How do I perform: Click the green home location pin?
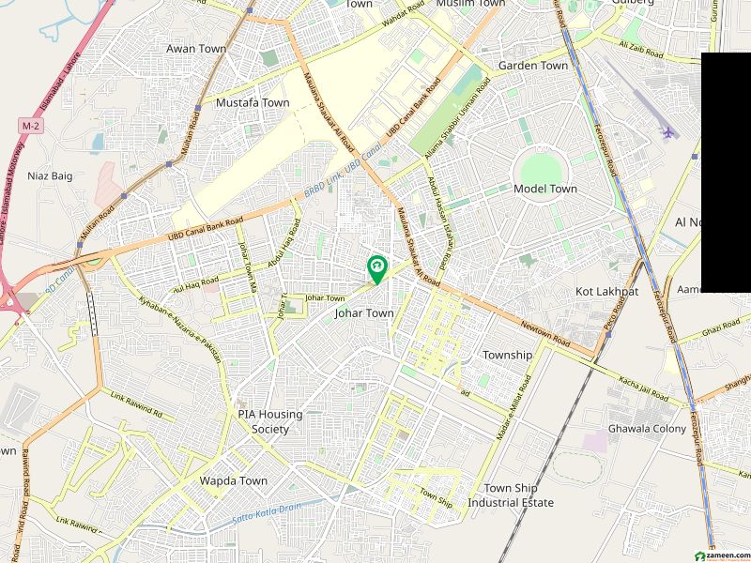click(x=376, y=268)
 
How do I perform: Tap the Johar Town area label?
click(x=364, y=313)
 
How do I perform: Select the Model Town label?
click(x=545, y=189)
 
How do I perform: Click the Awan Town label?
click(x=196, y=48)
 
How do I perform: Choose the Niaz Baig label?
click(x=50, y=175)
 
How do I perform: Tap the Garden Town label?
click(x=532, y=66)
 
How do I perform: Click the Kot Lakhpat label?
click(x=606, y=292)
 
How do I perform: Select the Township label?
click(x=507, y=355)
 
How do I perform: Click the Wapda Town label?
click(x=233, y=480)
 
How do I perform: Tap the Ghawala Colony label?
click(x=647, y=429)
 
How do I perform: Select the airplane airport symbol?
click(x=668, y=132)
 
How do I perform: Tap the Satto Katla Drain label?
click(x=266, y=517)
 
